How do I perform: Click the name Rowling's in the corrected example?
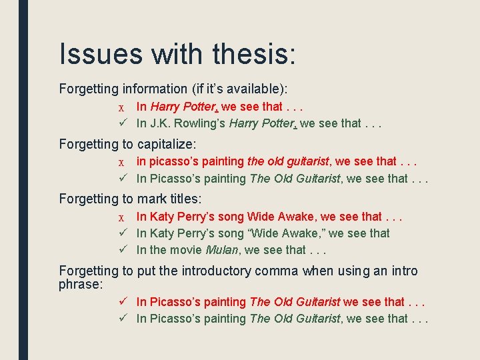pos(200,123)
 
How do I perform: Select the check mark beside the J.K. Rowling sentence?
pos(122,123)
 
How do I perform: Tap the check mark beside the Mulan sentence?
pos(122,250)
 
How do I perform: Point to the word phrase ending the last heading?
pos(81,284)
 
